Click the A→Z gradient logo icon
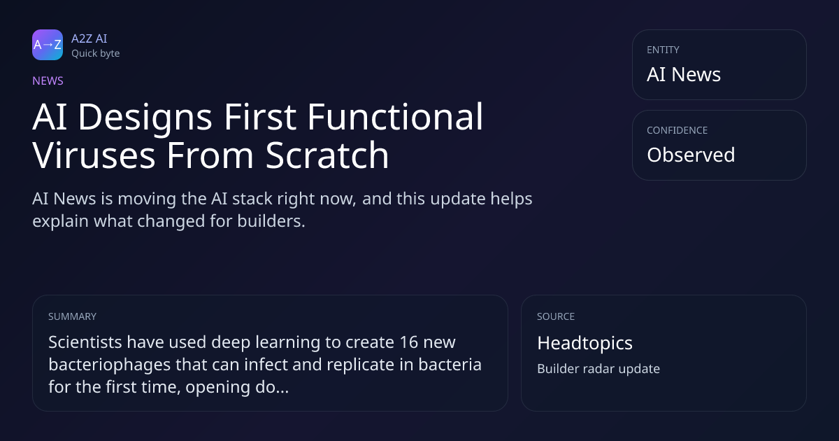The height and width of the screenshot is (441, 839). click(48, 45)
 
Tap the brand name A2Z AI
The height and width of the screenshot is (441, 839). click(89, 38)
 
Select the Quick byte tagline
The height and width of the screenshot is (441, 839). click(96, 54)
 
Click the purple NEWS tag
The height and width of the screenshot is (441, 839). click(48, 81)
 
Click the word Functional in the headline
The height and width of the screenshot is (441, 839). click(395, 117)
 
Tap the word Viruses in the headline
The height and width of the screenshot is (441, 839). click(94, 155)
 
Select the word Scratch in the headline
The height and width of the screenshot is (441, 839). click(327, 155)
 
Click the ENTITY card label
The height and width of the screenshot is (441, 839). click(663, 50)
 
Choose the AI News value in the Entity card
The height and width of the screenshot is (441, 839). click(684, 74)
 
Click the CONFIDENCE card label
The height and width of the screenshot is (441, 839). click(677, 130)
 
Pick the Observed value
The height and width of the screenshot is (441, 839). click(691, 155)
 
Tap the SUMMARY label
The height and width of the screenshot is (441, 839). click(72, 316)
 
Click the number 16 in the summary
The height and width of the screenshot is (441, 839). click(408, 342)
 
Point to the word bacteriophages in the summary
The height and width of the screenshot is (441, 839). click(109, 365)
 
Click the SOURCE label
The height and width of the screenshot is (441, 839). click(556, 316)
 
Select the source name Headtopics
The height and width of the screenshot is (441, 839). click(585, 344)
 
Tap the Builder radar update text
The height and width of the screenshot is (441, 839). click(598, 369)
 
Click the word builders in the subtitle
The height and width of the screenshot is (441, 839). click(271, 221)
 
